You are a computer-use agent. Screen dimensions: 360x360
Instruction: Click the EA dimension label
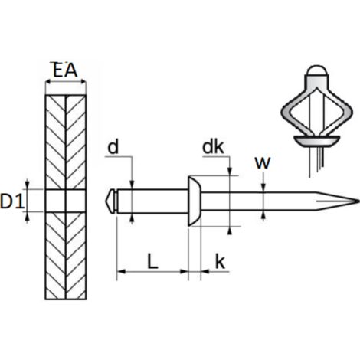(x=65, y=70)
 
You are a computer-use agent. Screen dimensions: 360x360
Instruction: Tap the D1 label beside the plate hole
(x=12, y=201)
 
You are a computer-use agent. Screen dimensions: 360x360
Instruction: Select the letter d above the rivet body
(x=113, y=147)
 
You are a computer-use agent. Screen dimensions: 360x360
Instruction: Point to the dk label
(x=213, y=147)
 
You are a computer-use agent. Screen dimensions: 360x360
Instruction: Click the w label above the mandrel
(x=263, y=162)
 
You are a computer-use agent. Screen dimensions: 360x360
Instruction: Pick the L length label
(x=152, y=261)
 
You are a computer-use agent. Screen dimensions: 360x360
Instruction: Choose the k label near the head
(x=220, y=261)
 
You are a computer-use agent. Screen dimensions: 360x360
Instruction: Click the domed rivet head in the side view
(x=195, y=201)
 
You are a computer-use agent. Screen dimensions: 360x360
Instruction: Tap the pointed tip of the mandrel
(x=358, y=201)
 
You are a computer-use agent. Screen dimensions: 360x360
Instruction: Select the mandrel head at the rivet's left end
(x=111, y=201)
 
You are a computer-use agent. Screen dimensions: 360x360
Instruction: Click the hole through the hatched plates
(x=66, y=201)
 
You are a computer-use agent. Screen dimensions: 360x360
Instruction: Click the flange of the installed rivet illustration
(x=316, y=141)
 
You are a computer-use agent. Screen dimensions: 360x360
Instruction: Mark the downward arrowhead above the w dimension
(x=263, y=188)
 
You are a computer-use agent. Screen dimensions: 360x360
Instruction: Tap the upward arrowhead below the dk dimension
(x=230, y=231)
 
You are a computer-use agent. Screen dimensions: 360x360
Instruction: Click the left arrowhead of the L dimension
(x=122, y=271)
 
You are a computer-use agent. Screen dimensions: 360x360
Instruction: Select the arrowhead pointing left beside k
(x=205, y=271)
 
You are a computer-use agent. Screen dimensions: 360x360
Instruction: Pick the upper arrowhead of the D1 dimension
(x=28, y=185)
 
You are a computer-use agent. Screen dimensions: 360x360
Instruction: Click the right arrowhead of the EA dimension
(x=82, y=82)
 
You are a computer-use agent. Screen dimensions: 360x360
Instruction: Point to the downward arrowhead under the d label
(x=132, y=185)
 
